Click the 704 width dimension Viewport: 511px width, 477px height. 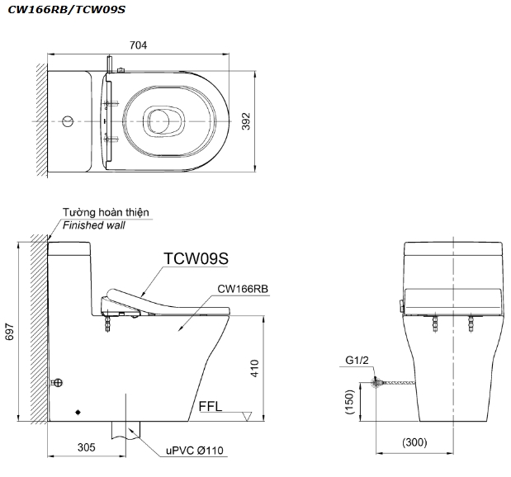[139, 46]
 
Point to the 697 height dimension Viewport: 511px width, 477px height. [11, 330]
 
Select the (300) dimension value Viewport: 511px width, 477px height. [416, 443]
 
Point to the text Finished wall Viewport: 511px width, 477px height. [93, 224]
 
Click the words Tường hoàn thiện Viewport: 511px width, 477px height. [106, 212]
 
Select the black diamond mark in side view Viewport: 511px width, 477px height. [78, 410]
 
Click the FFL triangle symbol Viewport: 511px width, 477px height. [245, 417]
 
